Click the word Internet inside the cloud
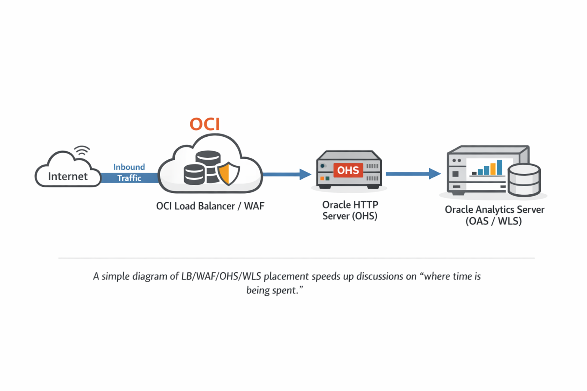[68, 176]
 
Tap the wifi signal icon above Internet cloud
[82, 151]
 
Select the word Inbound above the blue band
[129, 167]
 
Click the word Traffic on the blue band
[129, 178]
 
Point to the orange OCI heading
[205, 124]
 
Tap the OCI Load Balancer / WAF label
[210, 206]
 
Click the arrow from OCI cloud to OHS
[287, 174]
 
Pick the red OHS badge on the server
[348, 170]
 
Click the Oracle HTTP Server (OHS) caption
[350, 210]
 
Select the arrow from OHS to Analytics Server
[413, 174]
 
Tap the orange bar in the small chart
[493, 168]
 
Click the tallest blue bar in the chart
[499, 167]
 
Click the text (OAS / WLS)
[493, 221]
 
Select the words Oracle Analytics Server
[494, 210]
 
